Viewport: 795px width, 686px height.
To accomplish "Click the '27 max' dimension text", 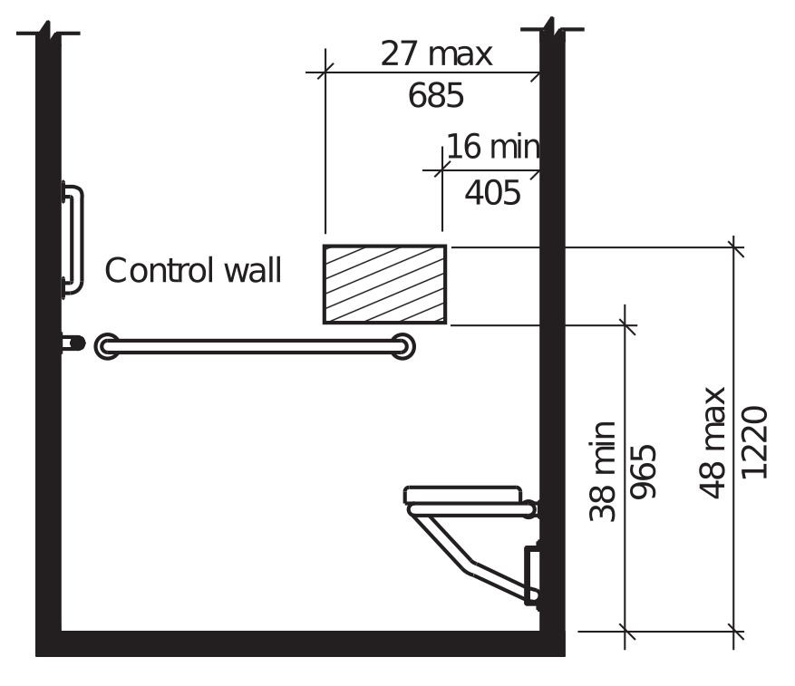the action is (x=436, y=53).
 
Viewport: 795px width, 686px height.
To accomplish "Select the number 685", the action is (x=436, y=95).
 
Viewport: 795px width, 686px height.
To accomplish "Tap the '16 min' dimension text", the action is (x=493, y=147).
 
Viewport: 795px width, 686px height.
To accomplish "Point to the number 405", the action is (x=492, y=193).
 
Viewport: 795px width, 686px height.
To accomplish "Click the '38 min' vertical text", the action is (x=602, y=471).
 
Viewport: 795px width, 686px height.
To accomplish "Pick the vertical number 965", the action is (x=643, y=471).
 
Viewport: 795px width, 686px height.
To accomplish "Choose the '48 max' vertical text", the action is (x=713, y=442).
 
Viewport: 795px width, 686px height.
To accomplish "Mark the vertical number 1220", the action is (x=754, y=442).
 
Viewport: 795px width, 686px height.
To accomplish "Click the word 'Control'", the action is (x=160, y=270).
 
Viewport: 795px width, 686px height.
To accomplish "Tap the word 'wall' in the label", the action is (x=253, y=270).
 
